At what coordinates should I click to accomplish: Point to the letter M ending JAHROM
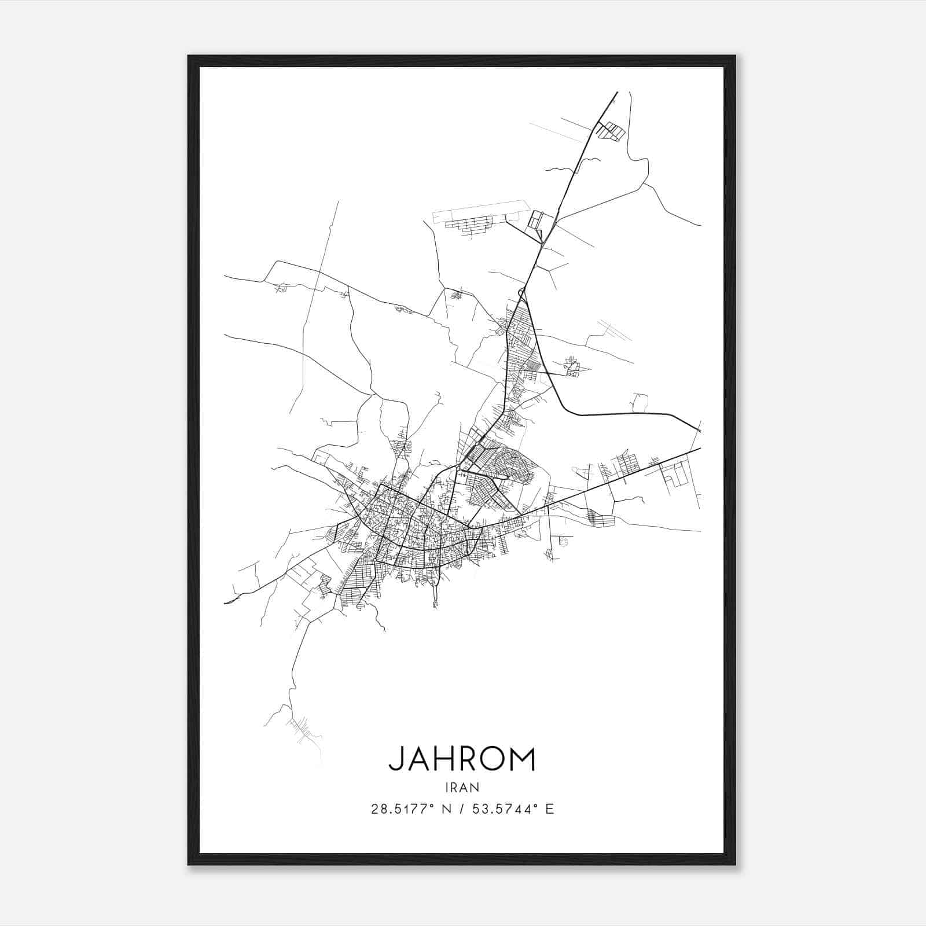coord(523,759)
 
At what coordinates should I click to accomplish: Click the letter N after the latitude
coord(446,809)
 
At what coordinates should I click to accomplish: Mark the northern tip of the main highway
coord(617,92)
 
